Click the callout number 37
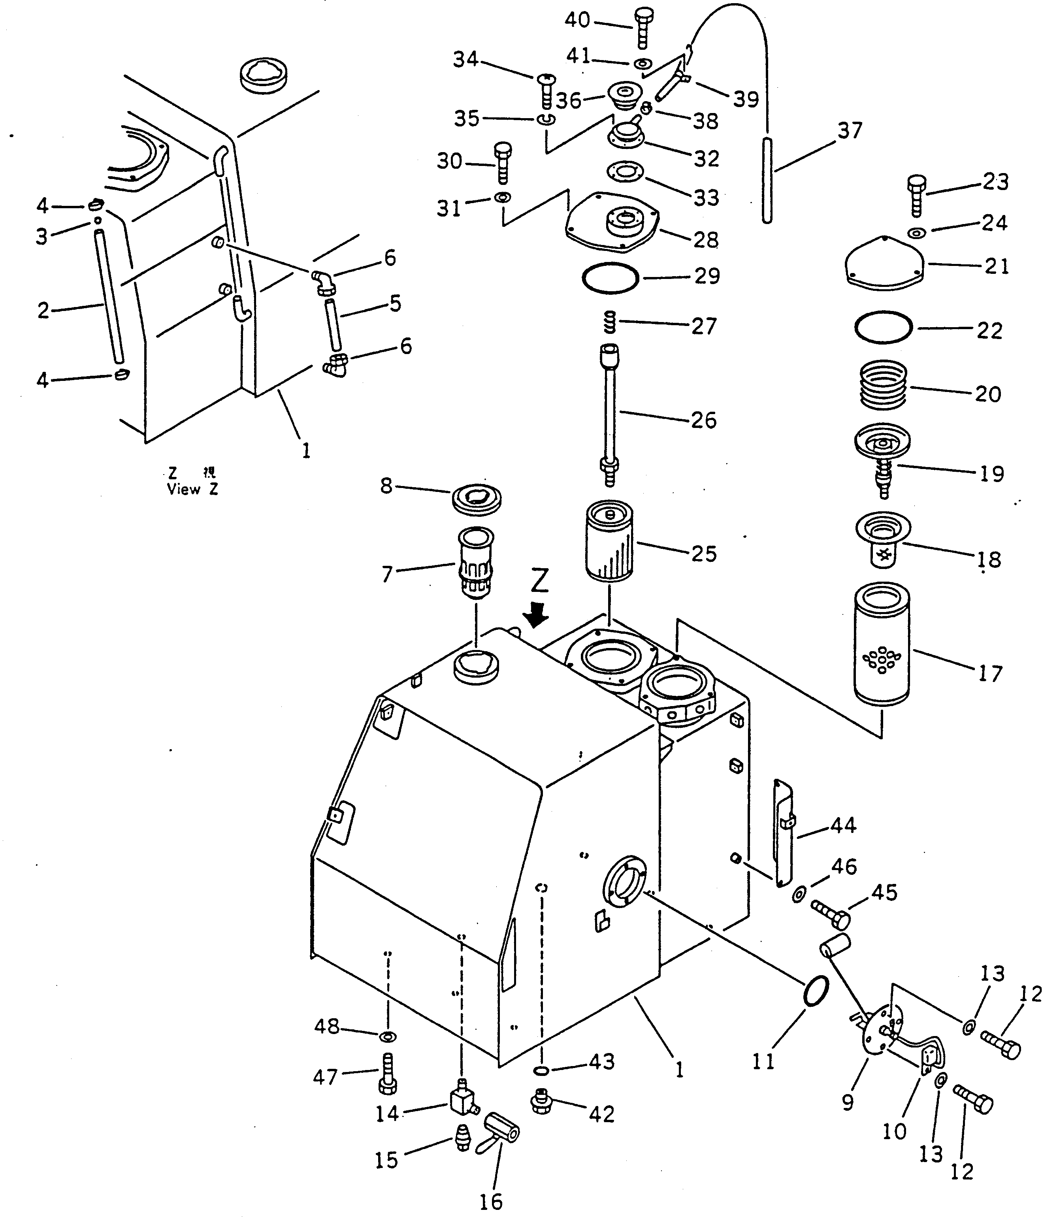pyautogui.click(x=849, y=130)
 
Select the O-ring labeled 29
pyautogui.click(x=610, y=277)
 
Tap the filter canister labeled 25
pyautogui.click(x=610, y=541)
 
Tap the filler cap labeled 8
pyautogui.click(x=477, y=500)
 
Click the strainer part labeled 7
pyautogui.click(x=475, y=562)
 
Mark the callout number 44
pyautogui.click(x=844, y=825)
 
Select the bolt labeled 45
pyautogui.click(x=831, y=913)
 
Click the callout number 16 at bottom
pyautogui.click(x=490, y=1202)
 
